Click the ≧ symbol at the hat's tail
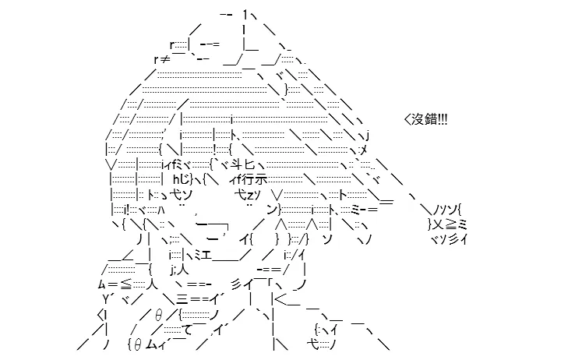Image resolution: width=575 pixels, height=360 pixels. [x=452, y=224]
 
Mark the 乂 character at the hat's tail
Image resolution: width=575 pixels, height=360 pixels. [x=439, y=224]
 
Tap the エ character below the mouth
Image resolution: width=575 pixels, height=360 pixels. [x=206, y=255]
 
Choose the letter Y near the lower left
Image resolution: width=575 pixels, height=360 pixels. [x=106, y=300]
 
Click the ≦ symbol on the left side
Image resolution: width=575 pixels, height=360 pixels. [x=125, y=284]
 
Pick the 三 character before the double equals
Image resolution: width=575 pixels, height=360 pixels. [x=182, y=300]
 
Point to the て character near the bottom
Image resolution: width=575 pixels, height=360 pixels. [x=187, y=330]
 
